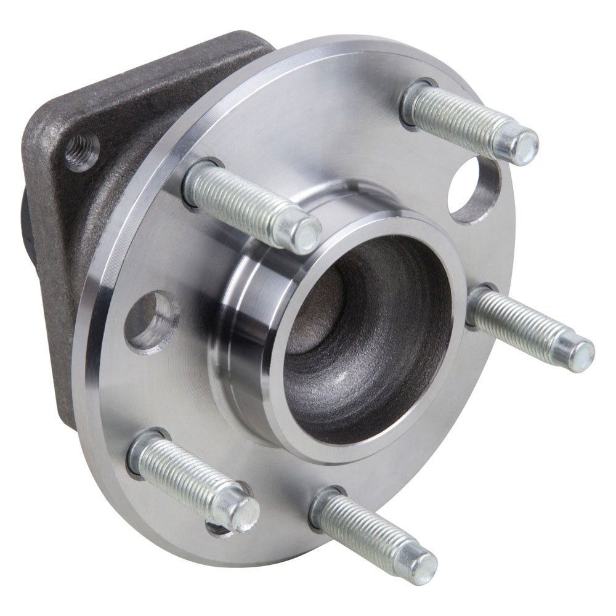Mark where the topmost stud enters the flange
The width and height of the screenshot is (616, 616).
pyautogui.click(x=414, y=102)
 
